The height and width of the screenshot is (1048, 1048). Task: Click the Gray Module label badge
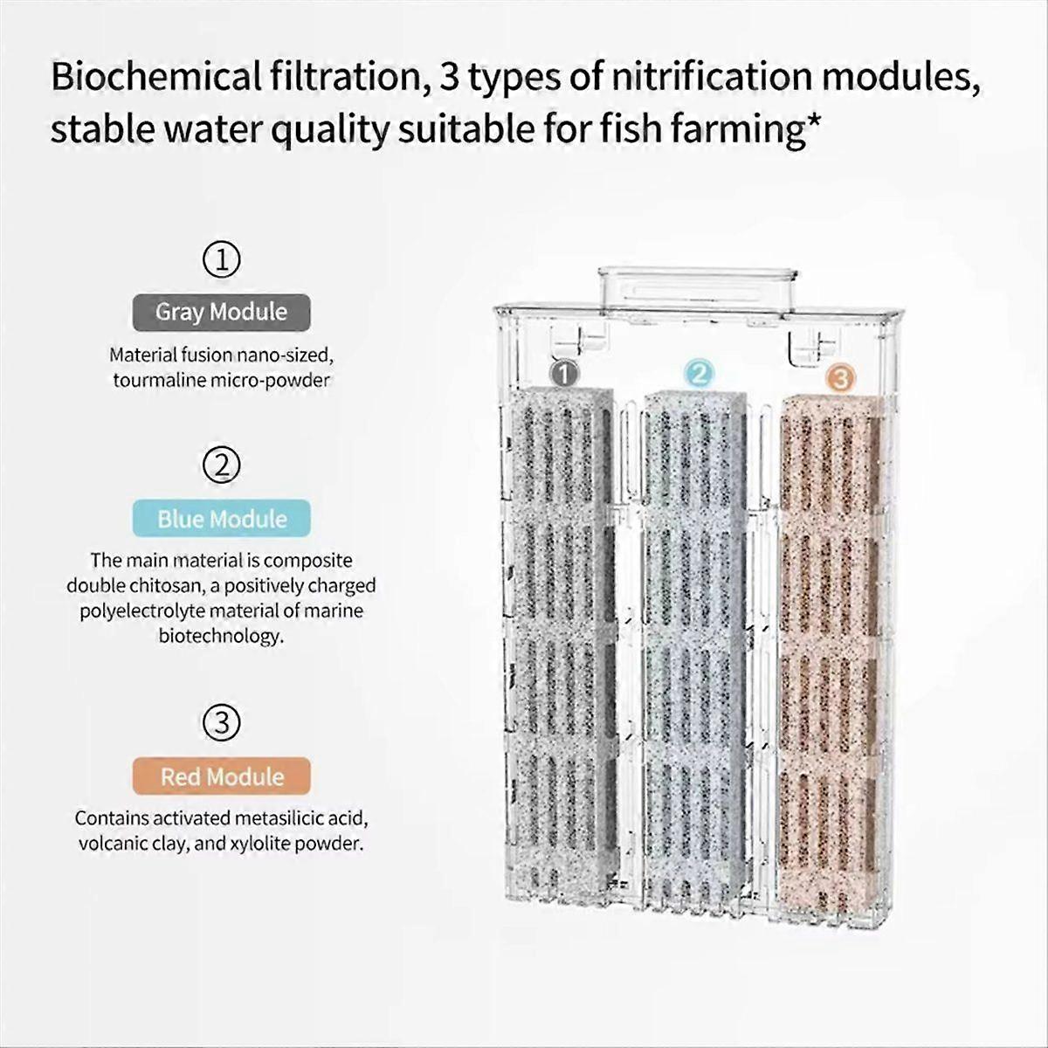point(221,312)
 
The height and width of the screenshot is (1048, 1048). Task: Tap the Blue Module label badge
point(222,519)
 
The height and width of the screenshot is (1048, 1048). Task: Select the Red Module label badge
point(222,776)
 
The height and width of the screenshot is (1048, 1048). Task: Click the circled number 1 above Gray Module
point(222,259)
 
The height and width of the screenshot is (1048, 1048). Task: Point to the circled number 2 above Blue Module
point(222,465)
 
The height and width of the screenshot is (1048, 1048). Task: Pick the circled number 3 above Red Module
point(222,723)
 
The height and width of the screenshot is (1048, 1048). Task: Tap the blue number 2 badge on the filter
point(698,374)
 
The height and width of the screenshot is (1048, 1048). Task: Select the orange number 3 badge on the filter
point(838,378)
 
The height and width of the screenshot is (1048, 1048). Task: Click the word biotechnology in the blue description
point(221,636)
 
